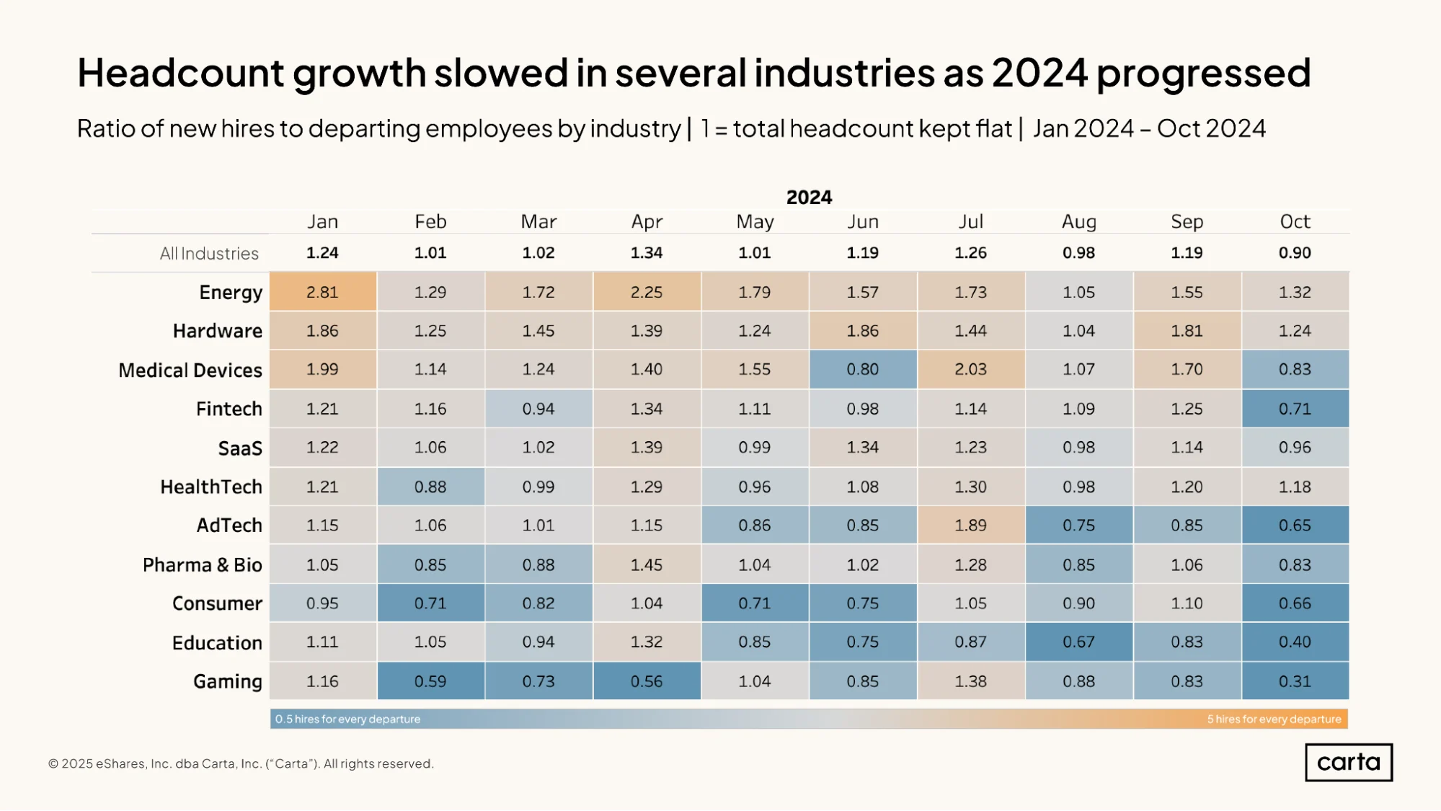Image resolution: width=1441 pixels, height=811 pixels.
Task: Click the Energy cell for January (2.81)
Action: (323, 291)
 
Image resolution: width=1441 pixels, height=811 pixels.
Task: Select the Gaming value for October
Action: (1295, 681)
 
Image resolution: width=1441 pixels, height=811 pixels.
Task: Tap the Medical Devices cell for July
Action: (971, 369)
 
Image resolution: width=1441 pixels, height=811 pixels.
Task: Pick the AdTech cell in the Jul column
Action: (971, 525)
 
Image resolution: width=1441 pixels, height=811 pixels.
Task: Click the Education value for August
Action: (1079, 642)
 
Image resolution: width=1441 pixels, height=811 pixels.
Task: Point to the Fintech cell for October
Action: (1295, 409)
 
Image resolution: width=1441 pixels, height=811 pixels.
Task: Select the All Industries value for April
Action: (647, 253)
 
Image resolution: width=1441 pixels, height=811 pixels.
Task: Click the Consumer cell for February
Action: (430, 603)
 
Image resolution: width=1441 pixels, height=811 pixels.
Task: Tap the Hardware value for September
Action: (1187, 331)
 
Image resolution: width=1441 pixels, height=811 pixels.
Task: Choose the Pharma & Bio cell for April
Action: (647, 564)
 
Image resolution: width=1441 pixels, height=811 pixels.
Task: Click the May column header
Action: (755, 222)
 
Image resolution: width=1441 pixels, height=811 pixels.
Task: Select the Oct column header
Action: (1295, 221)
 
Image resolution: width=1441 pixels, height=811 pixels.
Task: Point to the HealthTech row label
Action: (211, 487)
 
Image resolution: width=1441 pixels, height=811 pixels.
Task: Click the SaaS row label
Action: (240, 448)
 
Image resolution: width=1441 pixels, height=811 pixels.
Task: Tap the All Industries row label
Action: (209, 254)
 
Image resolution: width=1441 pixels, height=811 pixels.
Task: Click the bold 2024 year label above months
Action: (809, 197)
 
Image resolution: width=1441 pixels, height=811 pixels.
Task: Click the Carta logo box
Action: (1349, 762)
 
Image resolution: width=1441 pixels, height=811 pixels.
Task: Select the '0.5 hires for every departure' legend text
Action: (347, 719)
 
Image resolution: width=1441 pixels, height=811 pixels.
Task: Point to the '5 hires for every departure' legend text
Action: (1274, 719)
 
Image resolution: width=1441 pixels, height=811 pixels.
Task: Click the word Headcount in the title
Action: (180, 72)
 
